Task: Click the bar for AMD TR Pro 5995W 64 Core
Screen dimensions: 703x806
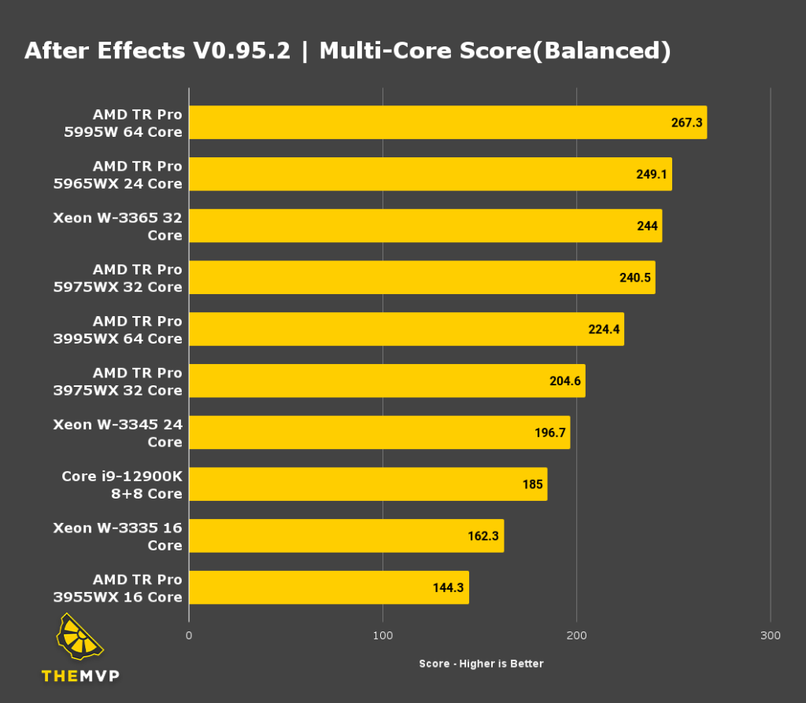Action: [447, 123]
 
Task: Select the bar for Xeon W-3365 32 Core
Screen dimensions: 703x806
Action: [425, 226]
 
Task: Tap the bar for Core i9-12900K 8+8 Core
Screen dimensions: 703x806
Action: [368, 484]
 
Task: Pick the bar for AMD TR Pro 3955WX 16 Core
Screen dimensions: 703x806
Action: [328, 587]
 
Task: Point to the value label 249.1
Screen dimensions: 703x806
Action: [652, 175]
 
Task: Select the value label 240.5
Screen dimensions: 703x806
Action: [635, 278]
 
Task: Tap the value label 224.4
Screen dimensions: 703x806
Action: [604, 329]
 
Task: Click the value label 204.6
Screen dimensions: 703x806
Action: [565, 381]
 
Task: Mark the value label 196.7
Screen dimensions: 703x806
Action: [550, 432]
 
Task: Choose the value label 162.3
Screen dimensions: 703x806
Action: [484, 536]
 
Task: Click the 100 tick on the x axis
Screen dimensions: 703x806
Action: [383, 635]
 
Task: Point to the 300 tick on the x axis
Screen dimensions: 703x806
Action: [771, 635]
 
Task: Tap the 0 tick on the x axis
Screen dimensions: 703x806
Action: [189, 635]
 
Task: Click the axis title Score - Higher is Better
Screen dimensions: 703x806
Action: [481, 664]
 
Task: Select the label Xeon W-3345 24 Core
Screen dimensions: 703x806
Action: [118, 433]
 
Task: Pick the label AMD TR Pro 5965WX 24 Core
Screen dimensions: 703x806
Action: [124, 175]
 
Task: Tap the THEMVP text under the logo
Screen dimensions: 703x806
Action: [80, 675]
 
